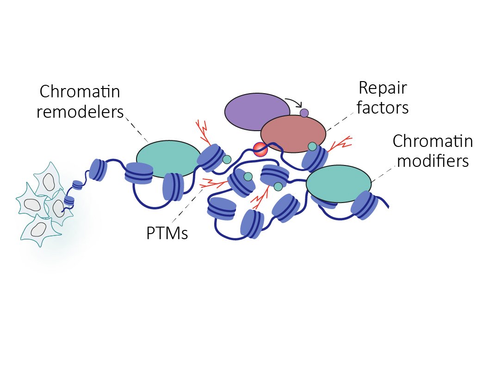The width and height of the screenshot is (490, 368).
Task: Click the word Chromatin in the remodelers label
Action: tap(80, 92)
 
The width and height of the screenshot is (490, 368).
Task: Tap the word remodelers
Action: tap(80, 112)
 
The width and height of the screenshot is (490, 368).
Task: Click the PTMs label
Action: tap(167, 233)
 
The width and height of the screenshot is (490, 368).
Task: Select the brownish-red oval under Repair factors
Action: tap(293, 133)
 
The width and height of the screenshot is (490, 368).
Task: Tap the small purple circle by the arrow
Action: tap(304, 113)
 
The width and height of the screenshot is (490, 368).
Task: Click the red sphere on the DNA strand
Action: tap(260, 149)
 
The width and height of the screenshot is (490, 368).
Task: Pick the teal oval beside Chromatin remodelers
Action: tap(167, 158)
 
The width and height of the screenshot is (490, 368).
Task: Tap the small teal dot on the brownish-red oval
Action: tap(312, 146)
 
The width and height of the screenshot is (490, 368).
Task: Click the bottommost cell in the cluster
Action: tap(38, 229)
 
